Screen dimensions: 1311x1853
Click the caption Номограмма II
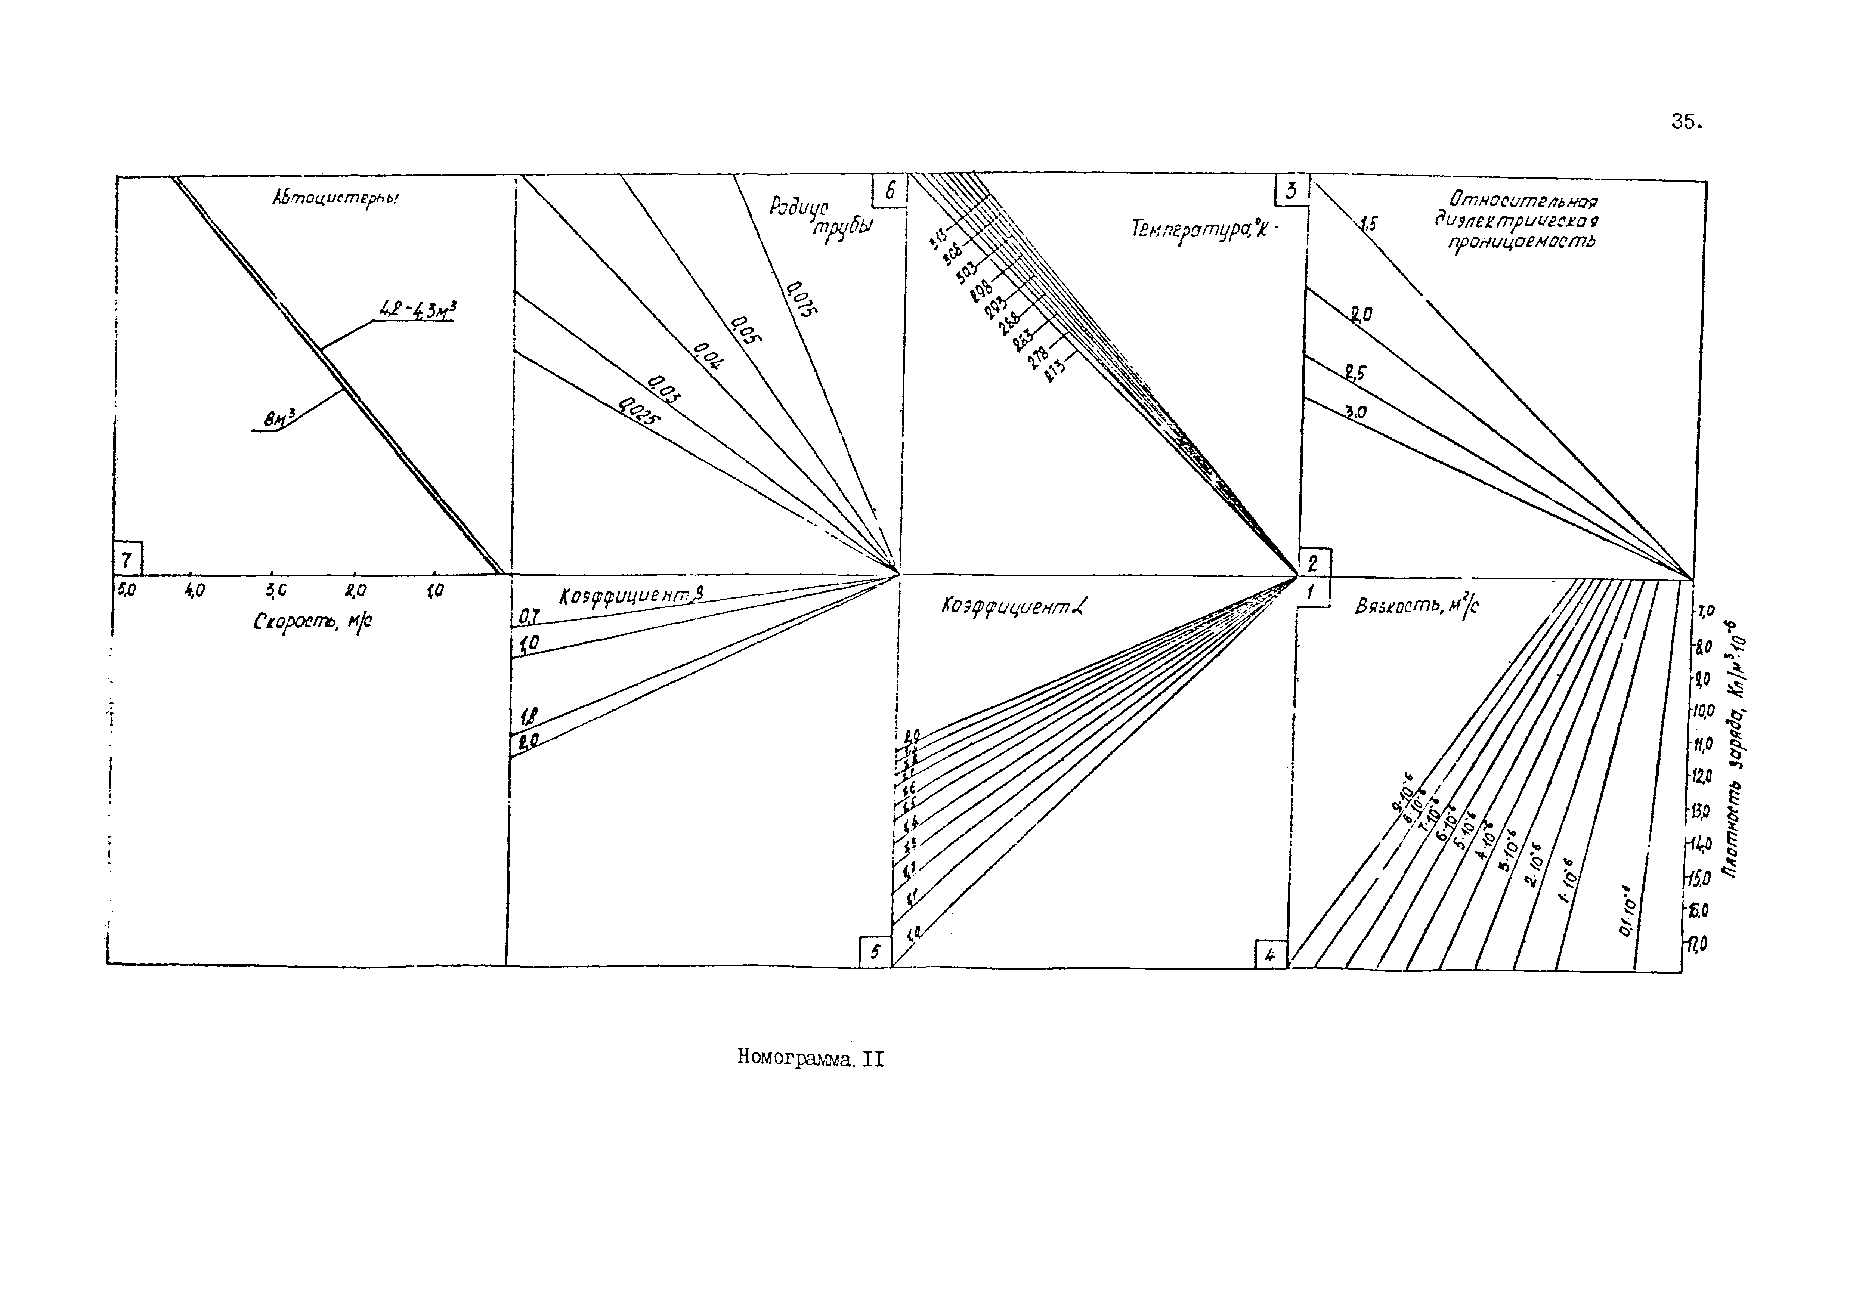pos(810,1058)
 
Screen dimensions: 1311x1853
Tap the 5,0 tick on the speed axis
pos(127,591)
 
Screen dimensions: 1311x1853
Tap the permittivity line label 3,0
pos(1355,412)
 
